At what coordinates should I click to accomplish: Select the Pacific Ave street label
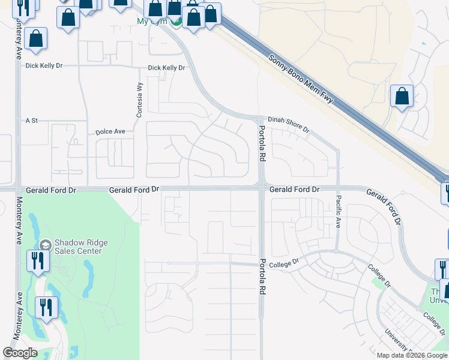click(x=339, y=211)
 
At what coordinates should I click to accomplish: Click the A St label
click(x=31, y=121)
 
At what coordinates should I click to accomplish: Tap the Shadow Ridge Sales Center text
click(x=81, y=247)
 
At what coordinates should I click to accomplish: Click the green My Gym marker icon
click(x=175, y=22)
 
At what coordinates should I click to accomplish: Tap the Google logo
click(x=20, y=353)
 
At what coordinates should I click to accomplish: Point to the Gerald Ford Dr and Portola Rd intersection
click(x=262, y=190)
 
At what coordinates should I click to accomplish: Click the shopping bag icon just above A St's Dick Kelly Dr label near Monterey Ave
click(x=37, y=40)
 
